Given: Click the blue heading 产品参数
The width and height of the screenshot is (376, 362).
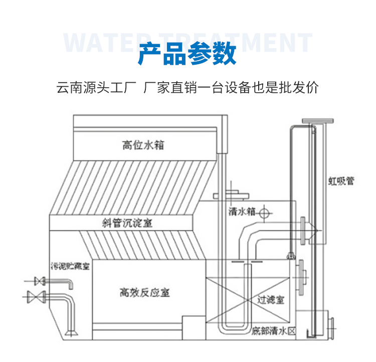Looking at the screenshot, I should pyautogui.click(x=187, y=54).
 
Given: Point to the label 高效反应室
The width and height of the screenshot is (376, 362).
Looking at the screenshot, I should pyautogui.click(x=144, y=292).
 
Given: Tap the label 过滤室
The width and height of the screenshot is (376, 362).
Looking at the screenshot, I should pyautogui.click(x=270, y=300).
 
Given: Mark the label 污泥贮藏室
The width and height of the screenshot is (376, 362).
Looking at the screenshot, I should pyautogui.click(x=70, y=266).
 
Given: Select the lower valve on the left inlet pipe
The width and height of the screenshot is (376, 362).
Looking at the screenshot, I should pyautogui.click(x=36, y=296).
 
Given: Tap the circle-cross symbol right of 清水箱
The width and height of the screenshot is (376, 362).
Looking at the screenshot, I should pyautogui.click(x=265, y=213).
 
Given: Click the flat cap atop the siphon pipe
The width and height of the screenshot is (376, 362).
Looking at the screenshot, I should pyautogui.click(x=317, y=121).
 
